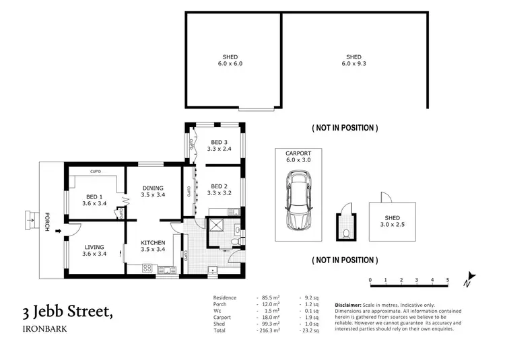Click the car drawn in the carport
coord(298,200)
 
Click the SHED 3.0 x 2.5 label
coord(391,217)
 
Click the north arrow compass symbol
coord(471,279)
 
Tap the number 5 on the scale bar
coord(448,280)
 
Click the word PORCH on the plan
coord(48,222)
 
